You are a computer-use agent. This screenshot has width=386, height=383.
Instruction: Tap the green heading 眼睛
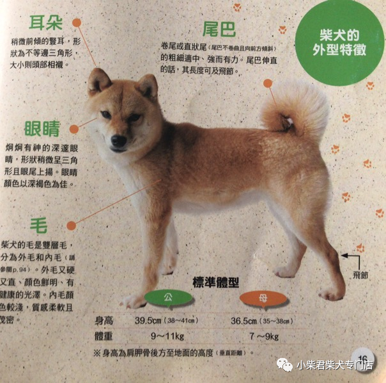(43, 129)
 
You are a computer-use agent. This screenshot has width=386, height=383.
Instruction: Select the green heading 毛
(39, 225)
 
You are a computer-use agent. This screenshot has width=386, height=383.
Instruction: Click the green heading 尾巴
(219, 29)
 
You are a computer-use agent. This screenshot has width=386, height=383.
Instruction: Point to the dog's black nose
(118, 140)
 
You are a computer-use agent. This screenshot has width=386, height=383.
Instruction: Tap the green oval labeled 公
(168, 298)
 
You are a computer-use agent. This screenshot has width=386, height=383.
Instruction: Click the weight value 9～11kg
(167, 335)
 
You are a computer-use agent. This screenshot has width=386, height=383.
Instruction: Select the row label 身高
(104, 320)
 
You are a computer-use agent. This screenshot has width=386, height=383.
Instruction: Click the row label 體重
(104, 335)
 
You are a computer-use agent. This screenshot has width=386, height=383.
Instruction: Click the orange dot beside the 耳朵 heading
(76, 22)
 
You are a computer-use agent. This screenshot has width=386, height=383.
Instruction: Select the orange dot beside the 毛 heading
(72, 225)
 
